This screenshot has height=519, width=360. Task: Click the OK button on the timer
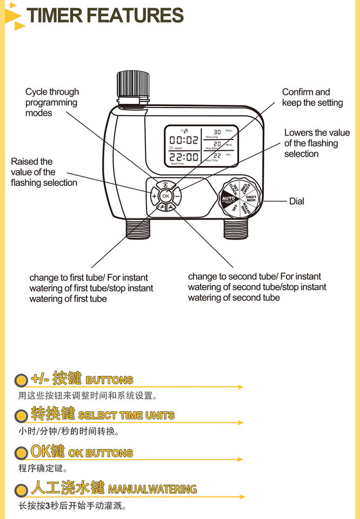(165, 196)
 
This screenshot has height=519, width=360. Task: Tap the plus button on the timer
(154, 196)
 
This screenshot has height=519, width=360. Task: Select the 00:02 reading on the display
(183, 140)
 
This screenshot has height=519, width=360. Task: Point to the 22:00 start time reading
(184, 157)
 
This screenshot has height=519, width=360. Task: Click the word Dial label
(297, 201)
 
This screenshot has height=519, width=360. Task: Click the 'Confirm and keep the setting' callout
(312, 97)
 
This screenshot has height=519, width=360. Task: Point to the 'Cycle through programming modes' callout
(52, 102)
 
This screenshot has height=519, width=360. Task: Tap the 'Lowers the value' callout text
(317, 143)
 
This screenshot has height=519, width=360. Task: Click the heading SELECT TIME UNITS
(126, 416)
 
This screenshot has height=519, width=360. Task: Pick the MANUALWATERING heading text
(152, 489)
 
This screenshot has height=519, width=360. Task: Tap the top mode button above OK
(165, 184)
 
